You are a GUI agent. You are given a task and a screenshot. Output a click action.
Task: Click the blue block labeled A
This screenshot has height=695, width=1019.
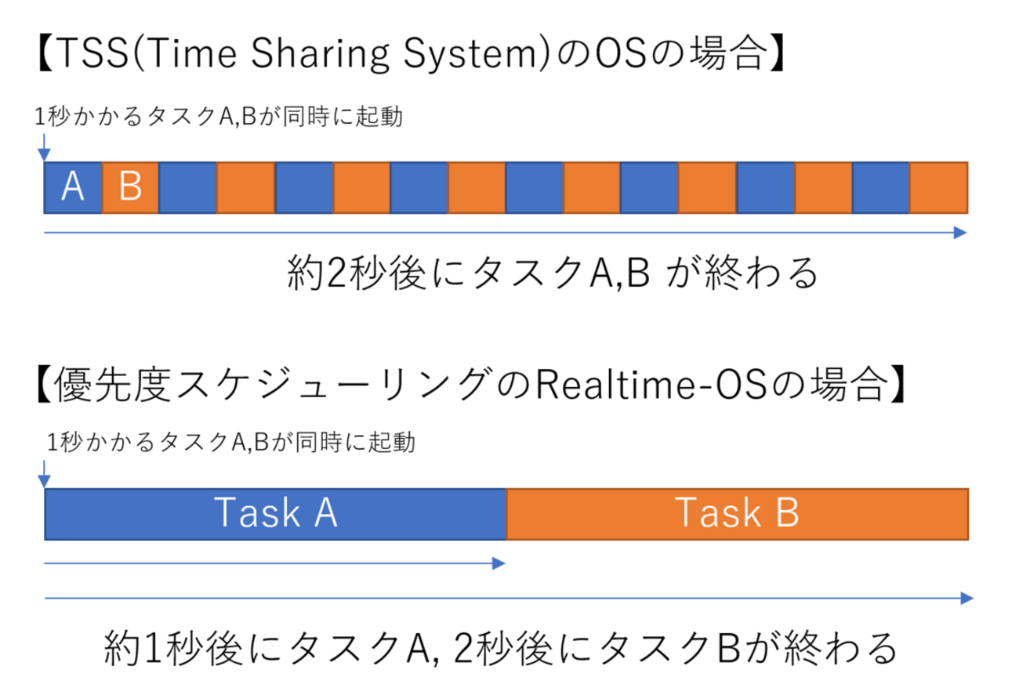tap(73, 188)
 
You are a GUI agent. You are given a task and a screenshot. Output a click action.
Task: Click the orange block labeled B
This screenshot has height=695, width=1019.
tap(130, 188)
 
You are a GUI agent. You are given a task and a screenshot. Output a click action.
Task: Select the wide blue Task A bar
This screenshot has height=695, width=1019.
tap(275, 514)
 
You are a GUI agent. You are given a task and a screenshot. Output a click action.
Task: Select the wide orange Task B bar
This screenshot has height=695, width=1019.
tap(737, 514)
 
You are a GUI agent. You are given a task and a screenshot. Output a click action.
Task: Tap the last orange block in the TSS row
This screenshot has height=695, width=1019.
tap(939, 188)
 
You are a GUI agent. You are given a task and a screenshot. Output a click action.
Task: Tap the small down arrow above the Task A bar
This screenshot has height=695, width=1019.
tap(45, 475)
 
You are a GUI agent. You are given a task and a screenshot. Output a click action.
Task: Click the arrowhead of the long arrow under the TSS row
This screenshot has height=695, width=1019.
tap(961, 232)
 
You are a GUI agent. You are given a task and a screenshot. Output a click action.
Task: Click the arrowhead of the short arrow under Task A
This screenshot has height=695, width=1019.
tap(499, 563)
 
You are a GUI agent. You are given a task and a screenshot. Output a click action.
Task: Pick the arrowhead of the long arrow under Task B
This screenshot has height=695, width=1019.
tap(966, 598)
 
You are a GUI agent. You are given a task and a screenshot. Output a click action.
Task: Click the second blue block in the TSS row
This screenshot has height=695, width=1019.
tap(188, 188)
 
